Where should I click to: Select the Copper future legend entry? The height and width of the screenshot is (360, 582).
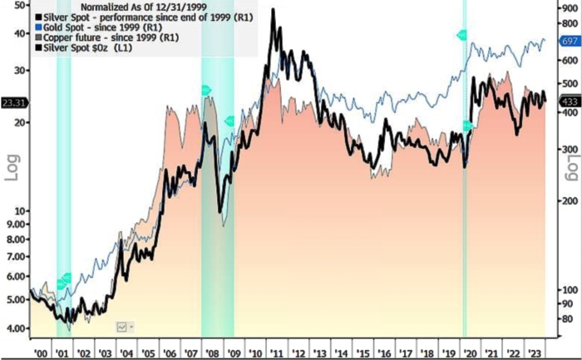point(108,37)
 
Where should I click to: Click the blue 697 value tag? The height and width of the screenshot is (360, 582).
point(570,42)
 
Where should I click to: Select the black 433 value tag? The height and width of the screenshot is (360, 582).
point(570,101)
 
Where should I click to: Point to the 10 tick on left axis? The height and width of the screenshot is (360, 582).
point(22,210)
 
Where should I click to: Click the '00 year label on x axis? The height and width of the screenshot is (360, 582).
point(38,352)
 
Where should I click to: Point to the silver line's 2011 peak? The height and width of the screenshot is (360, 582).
point(274,10)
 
